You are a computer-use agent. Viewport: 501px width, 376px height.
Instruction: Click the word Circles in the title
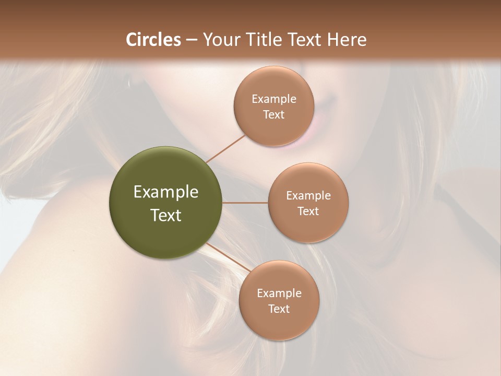(153, 40)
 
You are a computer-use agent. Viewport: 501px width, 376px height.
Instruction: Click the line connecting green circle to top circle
(225, 148)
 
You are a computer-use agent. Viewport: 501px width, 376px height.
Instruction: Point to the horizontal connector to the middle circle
(245, 203)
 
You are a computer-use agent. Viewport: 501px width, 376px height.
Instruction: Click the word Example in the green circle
(166, 192)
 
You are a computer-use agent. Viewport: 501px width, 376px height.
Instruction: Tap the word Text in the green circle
(166, 215)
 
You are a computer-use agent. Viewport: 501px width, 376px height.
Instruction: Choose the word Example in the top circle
(274, 99)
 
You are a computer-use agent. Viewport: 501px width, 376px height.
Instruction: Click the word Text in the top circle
(274, 115)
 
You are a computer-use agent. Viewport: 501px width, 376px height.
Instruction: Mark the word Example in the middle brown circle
(308, 196)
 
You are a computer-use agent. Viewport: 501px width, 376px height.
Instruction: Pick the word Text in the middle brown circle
(308, 211)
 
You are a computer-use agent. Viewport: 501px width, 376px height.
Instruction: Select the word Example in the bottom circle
(279, 293)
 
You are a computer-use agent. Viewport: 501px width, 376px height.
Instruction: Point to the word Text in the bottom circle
(279, 309)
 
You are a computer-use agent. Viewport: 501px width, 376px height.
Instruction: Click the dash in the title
(192, 40)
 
